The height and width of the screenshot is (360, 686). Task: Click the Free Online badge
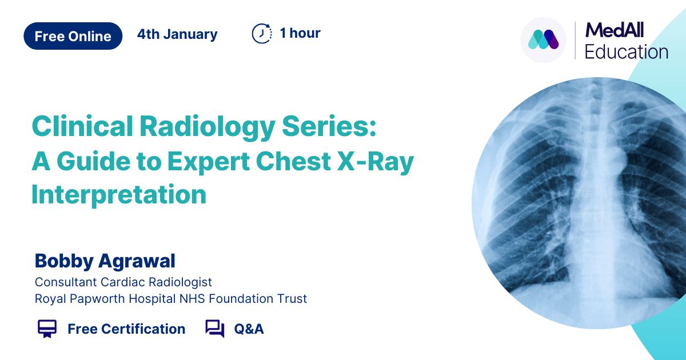coord(73,36)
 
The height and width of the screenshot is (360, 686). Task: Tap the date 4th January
coord(177,34)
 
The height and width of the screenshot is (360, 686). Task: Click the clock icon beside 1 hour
coord(262,34)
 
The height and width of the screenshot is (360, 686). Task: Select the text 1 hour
coord(300,33)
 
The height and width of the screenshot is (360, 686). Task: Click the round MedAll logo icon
coord(544,40)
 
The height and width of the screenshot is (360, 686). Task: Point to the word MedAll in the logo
coord(615,29)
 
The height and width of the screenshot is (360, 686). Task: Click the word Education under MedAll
coord(626,52)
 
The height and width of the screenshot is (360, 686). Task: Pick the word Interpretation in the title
coord(119,194)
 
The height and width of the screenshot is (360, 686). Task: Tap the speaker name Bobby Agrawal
coord(105,261)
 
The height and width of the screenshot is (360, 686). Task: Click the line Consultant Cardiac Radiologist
coord(123,282)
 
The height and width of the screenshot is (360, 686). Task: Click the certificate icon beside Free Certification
coord(47,329)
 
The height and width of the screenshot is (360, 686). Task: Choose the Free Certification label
coord(126,329)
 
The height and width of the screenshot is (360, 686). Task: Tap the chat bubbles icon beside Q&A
coord(214,329)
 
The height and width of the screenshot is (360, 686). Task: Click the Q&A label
coord(249,329)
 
